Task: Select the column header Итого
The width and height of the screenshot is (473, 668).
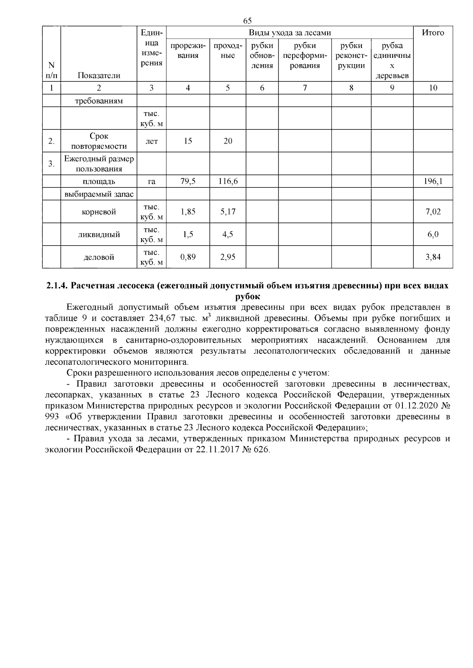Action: point(433,33)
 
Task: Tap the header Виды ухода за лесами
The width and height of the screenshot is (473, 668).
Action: point(290,33)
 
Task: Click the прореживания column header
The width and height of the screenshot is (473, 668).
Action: point(188,50)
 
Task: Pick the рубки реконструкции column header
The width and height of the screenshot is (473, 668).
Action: point(351,56)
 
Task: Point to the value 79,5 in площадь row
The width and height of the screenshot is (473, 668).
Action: point(188,181)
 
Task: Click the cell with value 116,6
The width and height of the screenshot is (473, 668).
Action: point(228,181)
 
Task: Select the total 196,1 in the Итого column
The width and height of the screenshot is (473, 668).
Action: point(433,181)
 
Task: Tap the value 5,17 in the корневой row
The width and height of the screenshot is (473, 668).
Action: point(228,212)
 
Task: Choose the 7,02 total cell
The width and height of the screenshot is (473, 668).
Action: point(433,212)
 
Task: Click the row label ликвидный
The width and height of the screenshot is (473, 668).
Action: point(99,235)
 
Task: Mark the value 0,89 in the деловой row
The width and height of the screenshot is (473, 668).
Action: point(188,257)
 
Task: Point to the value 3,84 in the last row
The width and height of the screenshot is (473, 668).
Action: point(433,257)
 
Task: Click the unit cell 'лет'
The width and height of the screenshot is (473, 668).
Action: point(152,141)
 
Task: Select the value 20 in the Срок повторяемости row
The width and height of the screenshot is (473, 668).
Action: point(228,141)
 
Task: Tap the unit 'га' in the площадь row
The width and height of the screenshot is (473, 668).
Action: point(152,181)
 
